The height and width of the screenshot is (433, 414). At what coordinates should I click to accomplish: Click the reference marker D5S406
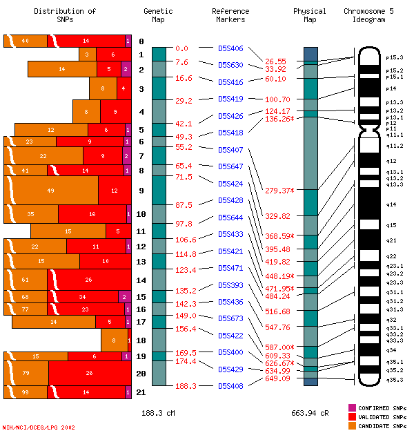(x=230, y=48)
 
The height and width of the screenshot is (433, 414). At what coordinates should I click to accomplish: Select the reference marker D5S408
(x=230, y=386)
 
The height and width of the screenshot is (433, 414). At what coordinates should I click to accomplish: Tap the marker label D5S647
(x=230, y=166)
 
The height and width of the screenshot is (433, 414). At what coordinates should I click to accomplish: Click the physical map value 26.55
(x=275, y=61)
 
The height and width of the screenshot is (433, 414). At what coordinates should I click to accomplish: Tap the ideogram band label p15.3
(x=395, y=57)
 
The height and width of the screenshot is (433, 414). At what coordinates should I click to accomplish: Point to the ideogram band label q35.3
(x=395, y=379)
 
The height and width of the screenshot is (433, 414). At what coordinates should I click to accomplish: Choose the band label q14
(x=391, y=204)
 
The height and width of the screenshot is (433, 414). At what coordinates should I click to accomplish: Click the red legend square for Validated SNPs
(x=352, y=416)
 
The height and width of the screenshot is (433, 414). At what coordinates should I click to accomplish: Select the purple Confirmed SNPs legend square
(x=352, y=408)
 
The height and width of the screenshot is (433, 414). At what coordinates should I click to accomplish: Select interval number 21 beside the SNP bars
(x=141, y=392)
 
